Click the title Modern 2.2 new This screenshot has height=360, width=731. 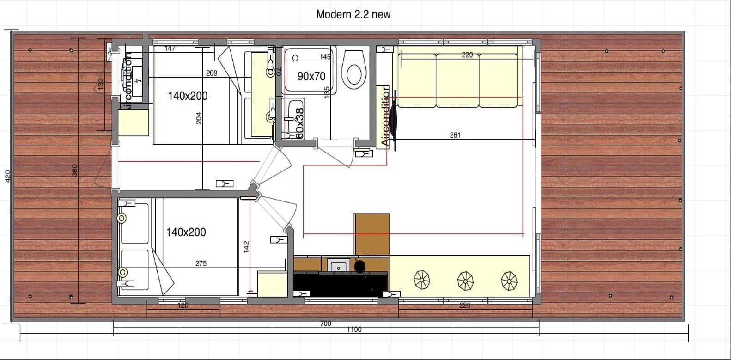(x=353, y=14)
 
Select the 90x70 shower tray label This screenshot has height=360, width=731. (x=311, y=76)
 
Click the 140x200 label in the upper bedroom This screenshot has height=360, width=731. (x=187, y=96)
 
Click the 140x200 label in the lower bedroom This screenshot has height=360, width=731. (x=186, y=232)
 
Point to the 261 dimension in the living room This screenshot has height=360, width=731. (x=455, y=135)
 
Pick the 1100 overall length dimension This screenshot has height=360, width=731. (x=354, y=329)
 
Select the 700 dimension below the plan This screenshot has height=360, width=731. (x=325, y=323)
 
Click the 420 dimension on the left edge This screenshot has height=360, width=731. (x=7, y=176)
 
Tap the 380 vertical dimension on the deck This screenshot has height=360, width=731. (x=75, y=170)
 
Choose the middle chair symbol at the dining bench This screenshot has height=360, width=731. (x=465, y=280)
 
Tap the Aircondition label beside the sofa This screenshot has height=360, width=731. (x=385, y=116)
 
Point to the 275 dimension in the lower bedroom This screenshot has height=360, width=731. (x=201, y=263)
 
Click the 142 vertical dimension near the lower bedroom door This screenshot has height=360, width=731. (x=246, y=246)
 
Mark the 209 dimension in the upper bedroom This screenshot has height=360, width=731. (x=212, y=73)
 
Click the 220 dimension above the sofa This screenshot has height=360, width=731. (x=467, y=55)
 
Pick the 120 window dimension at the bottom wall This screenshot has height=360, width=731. (x=183, y=305)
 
